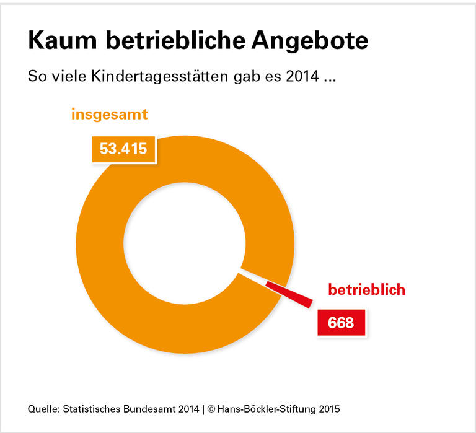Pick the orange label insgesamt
click(109, 115)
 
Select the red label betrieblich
click(366, 289)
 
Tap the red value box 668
click(340, 323)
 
